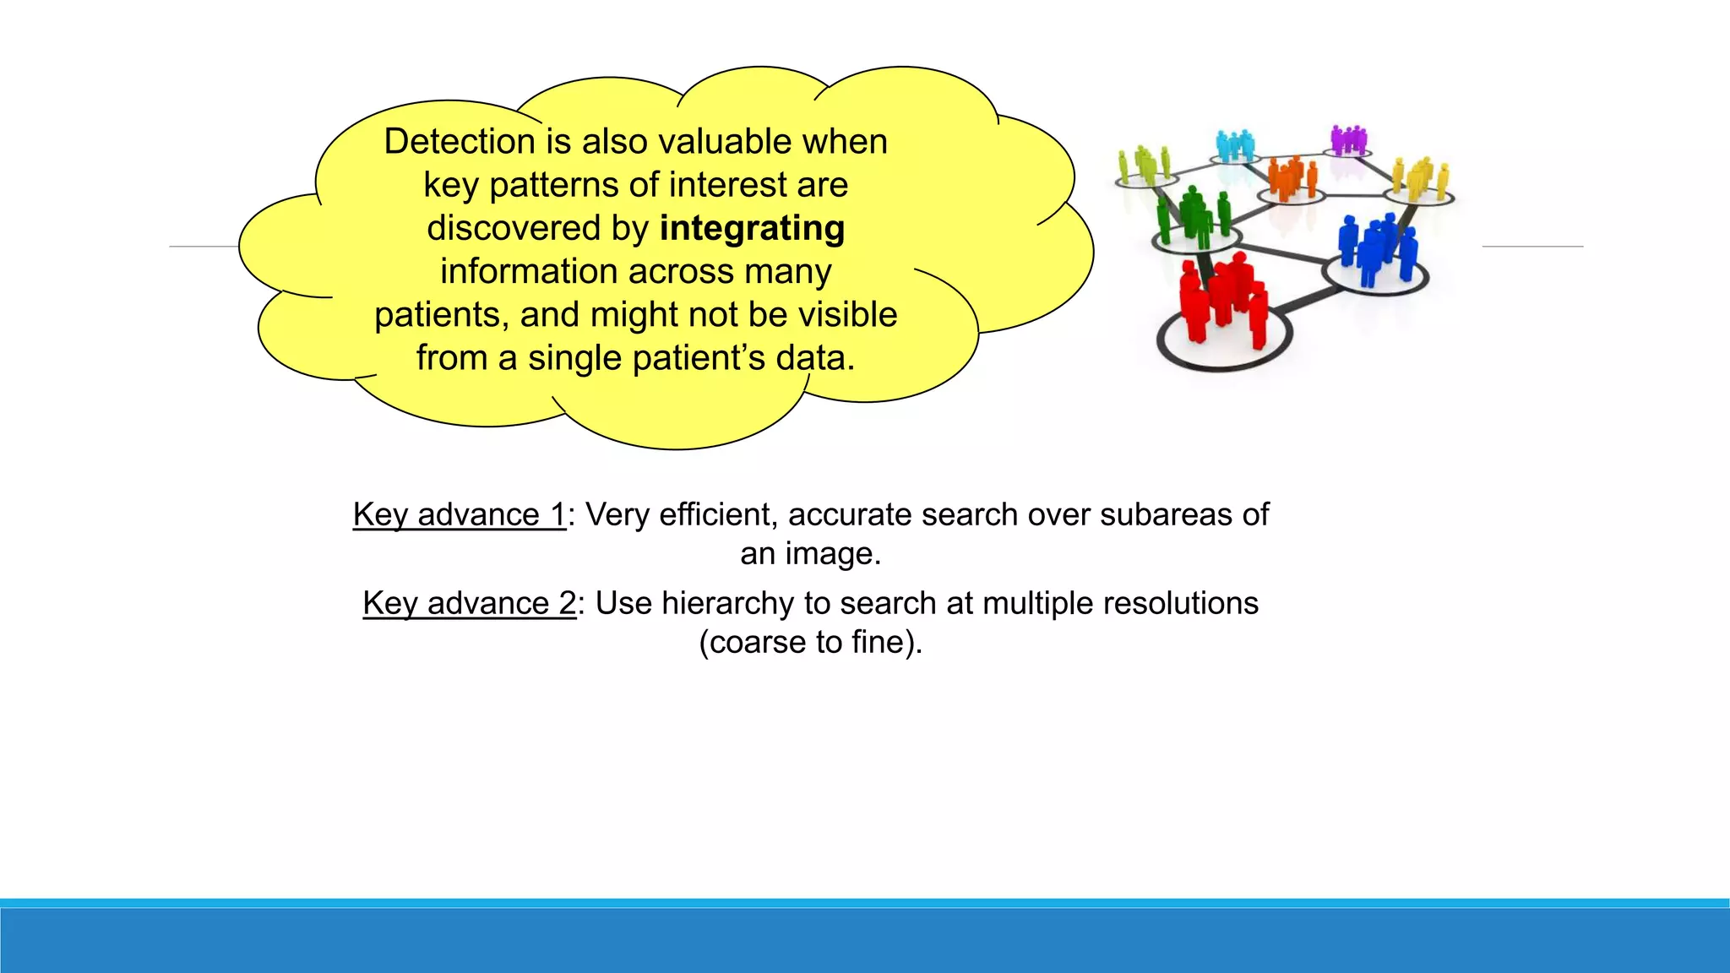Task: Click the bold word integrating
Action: pos(752,229)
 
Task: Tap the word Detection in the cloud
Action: pos(460,142)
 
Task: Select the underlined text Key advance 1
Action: pos(459,514)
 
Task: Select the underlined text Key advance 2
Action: pos(469,603)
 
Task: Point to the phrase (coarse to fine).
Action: pos(810,642)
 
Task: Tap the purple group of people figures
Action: pos(1348,139)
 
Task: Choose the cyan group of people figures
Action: pos(1235,145)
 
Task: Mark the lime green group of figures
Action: pos(1145,164)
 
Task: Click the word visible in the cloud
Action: pos(847,315)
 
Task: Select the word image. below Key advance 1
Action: pos(832,554)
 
